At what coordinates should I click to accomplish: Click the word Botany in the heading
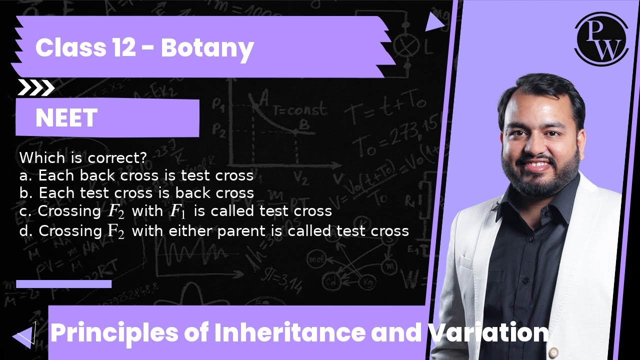207,48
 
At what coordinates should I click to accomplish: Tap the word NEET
66,118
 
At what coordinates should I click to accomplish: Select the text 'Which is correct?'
83,158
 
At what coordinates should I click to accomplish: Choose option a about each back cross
136,175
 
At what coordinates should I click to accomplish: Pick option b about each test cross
136,193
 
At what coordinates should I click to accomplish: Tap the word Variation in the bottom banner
487,333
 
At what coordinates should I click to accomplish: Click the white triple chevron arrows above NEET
36,88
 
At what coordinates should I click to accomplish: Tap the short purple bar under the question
63,284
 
